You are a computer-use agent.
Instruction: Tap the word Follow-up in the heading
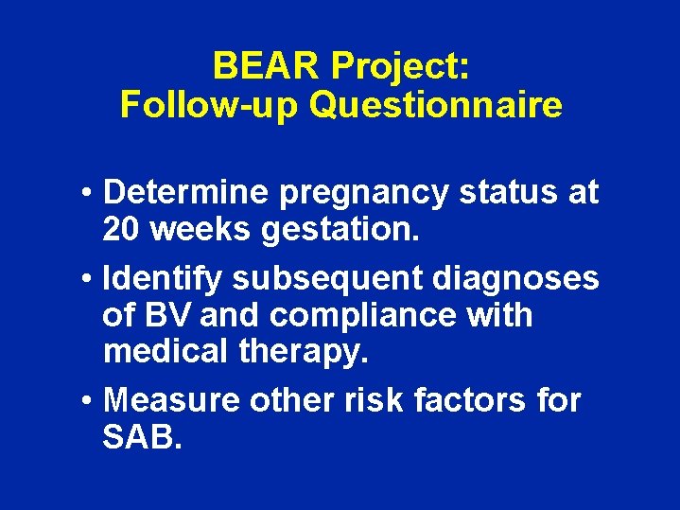[x=209, y=104]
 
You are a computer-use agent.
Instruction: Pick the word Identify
[x=164, y=279]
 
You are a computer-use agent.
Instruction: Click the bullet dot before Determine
[x=86, y=193]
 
